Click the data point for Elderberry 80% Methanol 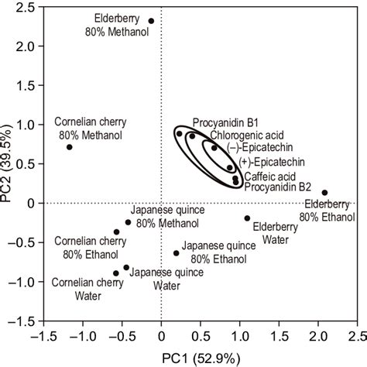[x=151, y=21]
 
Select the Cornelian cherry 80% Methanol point [x=70, y=147]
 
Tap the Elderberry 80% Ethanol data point [x=324, y=192]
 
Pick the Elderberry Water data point [x=247, y=218]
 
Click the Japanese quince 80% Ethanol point [x=176, y=253]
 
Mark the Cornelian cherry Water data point [x=116, y=273]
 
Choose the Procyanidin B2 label [x=278, y=187]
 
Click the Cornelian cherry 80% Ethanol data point [x=116, y=232]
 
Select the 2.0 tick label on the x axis [x=319, y=335]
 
